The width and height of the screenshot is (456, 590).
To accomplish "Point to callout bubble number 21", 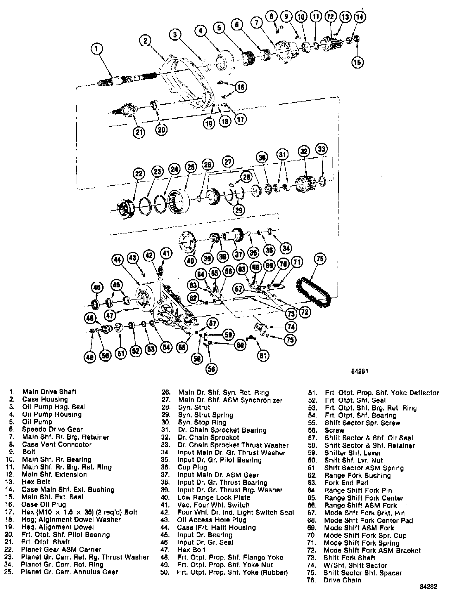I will click(139, 132).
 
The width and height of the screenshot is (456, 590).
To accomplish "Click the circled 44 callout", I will click(117, 260).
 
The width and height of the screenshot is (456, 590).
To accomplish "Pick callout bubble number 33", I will click(321, 149).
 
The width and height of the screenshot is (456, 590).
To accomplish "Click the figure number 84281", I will click(359, 371).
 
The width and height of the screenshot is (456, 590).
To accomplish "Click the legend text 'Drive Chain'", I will click(342, 580).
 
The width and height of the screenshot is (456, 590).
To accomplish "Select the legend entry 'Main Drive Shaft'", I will click(49, 392).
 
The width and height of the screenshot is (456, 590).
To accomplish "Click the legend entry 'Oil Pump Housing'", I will click(52, 415).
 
